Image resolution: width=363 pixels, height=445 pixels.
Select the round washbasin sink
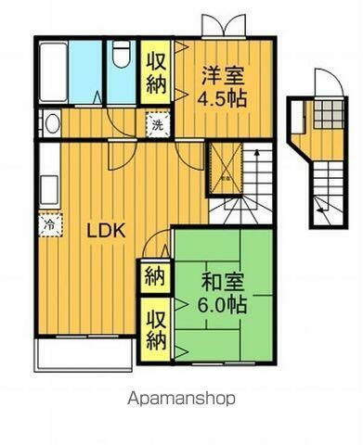point(50,123)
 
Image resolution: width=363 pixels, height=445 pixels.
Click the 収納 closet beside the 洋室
point(156,73)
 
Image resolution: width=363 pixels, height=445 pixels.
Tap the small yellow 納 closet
point(152,276)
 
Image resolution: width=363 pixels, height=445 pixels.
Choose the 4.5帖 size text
point(225,96)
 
